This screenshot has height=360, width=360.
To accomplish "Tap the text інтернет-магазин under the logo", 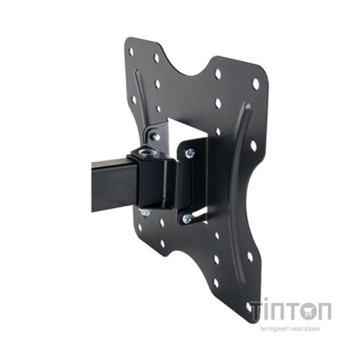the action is pos(290,329).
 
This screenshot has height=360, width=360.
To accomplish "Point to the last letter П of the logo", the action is pos(323,311).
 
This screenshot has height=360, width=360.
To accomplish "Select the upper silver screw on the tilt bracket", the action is pos(190,153).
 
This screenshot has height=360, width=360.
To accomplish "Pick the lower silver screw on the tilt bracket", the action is pos(187,218).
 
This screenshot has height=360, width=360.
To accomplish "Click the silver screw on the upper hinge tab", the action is pos(154,137).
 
